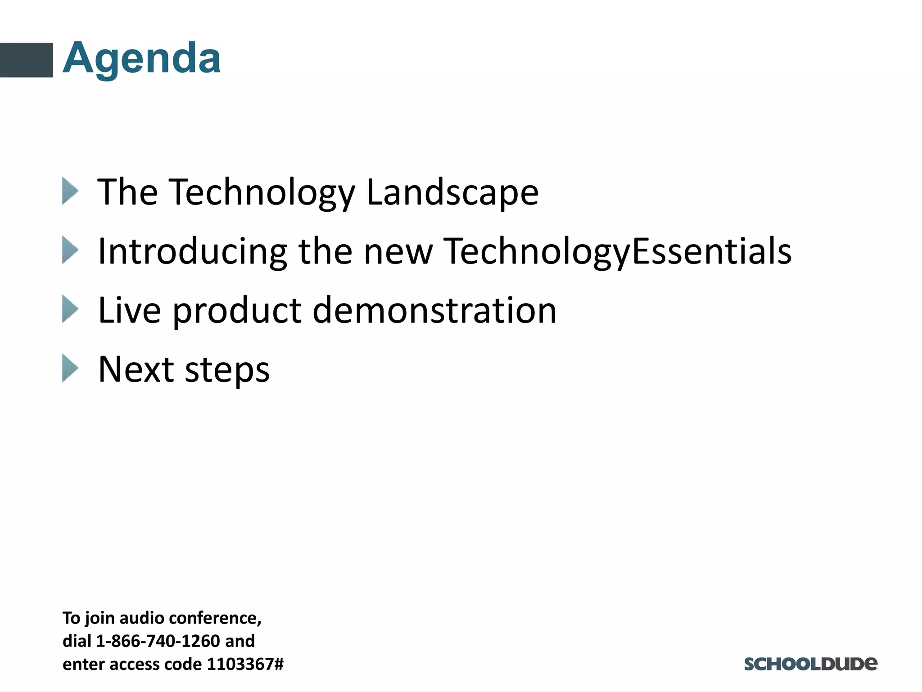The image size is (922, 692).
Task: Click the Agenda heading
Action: (x=142, y=59)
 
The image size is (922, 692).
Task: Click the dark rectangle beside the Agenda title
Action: (x=26, y=60)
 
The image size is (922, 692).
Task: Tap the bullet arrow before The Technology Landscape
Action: (x=70, y=191)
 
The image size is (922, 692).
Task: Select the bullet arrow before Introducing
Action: (x=70, y=250)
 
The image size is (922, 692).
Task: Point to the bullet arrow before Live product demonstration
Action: (x=70, y=309)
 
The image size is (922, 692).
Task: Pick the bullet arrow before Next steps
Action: (x=70, y=368)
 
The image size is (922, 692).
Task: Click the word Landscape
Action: (x=452, y=192)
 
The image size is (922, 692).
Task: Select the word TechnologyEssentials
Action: (x=617, y=251)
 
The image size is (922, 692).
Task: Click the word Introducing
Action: (x=192, y=251)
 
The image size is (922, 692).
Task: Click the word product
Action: (x=237, y=311)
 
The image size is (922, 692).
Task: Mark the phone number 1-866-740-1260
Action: (x=158, y=641)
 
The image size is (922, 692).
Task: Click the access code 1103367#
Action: (x=245, y=664)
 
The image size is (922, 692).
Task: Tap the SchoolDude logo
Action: (x=810, y=664)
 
